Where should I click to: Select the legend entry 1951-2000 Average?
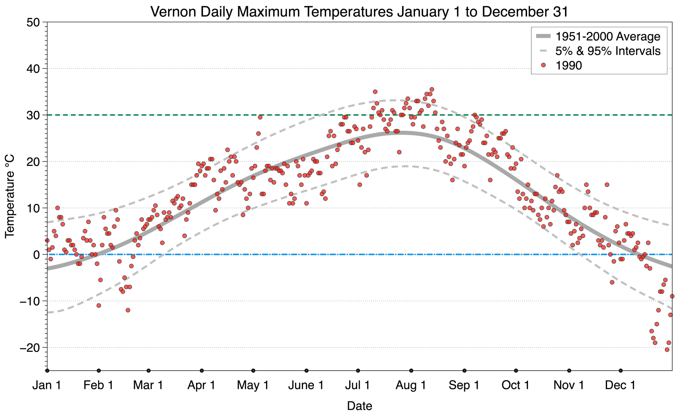608,36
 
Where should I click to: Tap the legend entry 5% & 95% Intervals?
608,51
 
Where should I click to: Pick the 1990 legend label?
568,66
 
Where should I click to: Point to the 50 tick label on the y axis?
33,22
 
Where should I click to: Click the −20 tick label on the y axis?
29,348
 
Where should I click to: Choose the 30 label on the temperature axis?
33,115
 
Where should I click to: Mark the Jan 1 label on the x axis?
47,385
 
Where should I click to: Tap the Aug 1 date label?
410,385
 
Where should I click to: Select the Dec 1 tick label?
620,385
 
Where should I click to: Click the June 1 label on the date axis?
306,385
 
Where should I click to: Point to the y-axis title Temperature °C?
10,196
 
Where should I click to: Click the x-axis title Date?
359,406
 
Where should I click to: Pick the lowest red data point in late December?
667,350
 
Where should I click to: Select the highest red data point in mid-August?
432,89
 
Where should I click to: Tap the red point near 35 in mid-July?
375,92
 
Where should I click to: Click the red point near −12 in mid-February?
128,310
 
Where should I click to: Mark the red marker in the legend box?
543,66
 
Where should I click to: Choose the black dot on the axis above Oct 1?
516,371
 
